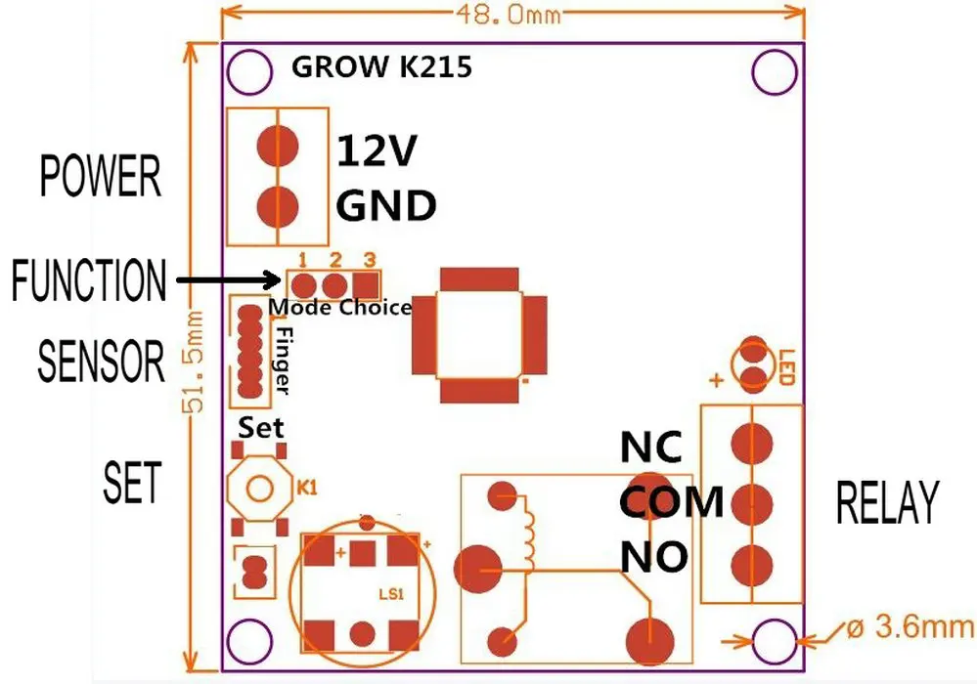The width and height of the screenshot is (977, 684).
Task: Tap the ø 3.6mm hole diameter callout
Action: tap(905, 626)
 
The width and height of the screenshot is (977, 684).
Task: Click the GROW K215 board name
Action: tap(381, 68)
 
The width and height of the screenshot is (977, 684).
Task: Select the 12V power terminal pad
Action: tap(279, 147)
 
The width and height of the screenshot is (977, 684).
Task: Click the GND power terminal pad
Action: tap(279, 206)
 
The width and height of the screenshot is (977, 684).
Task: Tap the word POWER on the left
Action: tap(99, 178)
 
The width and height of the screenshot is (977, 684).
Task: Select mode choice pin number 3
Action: tap(368, 284)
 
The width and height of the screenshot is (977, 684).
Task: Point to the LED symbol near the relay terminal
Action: tap(753, 363)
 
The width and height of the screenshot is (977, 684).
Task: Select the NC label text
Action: tap(651, 447)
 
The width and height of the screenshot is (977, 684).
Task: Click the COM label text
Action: tap(671, 501)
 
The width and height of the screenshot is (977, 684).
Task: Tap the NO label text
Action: tap(653, 556)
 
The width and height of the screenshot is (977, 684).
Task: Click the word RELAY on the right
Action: tap(887, 502)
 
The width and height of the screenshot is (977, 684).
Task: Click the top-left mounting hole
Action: tap(248, 70)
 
